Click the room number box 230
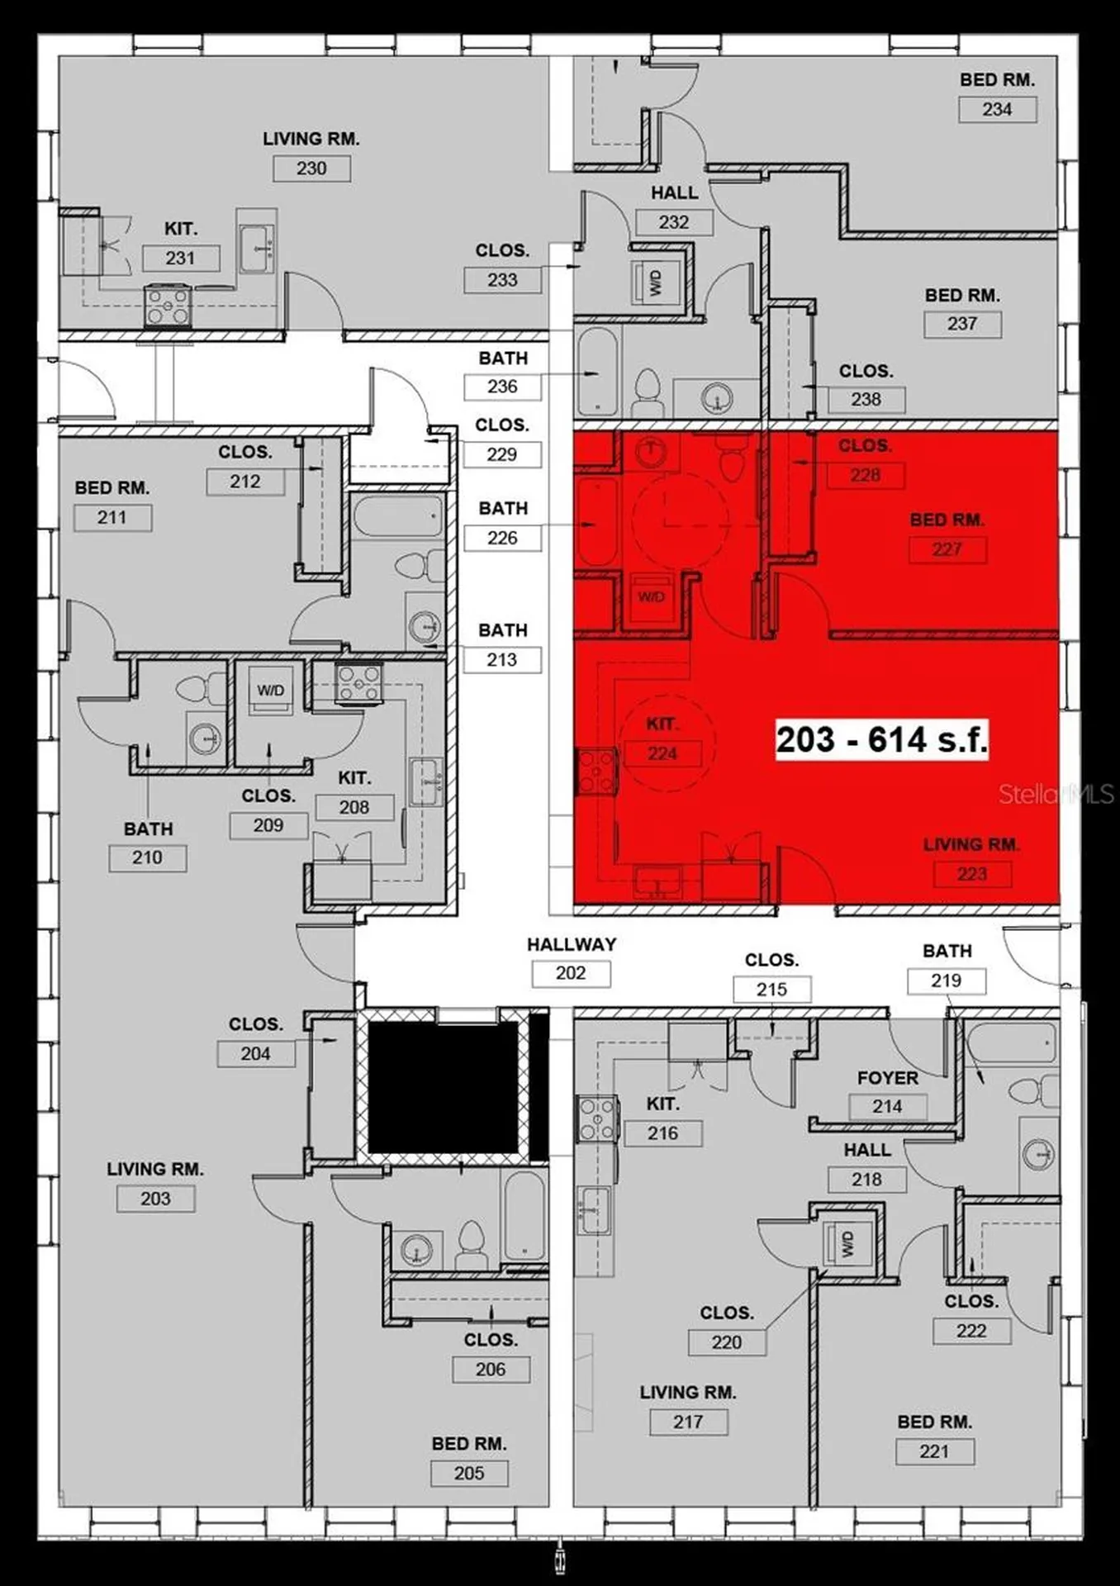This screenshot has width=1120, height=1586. point(311,169)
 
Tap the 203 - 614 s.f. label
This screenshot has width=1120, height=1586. point(881,739)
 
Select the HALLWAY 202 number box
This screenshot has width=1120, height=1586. point(571,973)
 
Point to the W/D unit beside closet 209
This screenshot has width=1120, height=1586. point(270,690)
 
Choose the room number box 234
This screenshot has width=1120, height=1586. point(997,109)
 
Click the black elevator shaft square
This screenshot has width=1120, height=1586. point(443,1086)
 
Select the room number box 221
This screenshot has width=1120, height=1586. point(935,1451)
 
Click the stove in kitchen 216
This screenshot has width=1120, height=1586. point(596,1118)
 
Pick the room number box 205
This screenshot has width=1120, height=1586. point(469,1473)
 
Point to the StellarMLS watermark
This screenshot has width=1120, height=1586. point(1056,795)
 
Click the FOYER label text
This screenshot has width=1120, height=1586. point(887,1078)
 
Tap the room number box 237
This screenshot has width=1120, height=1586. point(962,324)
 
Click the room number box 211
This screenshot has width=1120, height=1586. point(112,518)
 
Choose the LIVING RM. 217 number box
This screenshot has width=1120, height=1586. point(688,1422)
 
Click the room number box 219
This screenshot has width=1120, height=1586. point(946,981)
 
